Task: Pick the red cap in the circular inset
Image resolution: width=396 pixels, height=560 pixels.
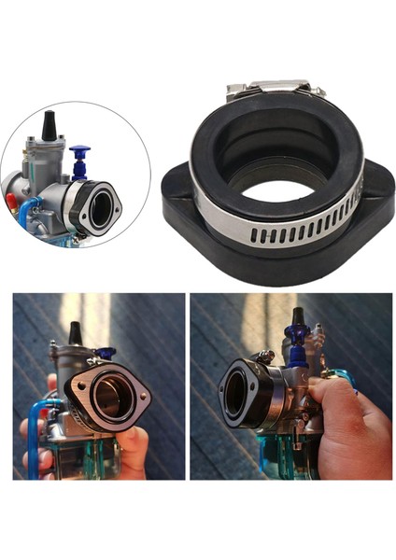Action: (x=10, y=198)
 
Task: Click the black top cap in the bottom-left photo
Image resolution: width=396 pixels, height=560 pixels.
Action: (x=75, y=332)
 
